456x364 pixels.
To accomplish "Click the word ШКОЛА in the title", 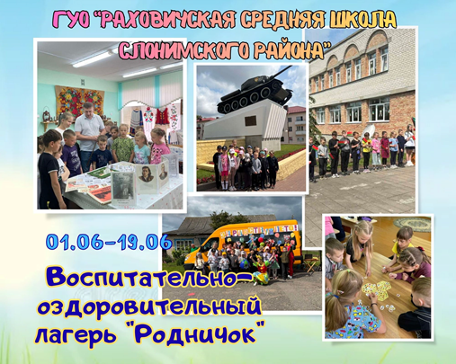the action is tap(363, 21).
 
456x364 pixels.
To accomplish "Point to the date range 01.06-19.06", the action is tap(109, 242).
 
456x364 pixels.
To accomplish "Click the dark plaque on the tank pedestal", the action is tap(250, 120).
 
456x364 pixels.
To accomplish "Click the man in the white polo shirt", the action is tap(88, 135).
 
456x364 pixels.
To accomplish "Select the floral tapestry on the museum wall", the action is tap(80, 102).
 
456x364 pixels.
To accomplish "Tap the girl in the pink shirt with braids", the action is tap(159, 146).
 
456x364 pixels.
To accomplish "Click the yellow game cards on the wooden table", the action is tap(375, 289).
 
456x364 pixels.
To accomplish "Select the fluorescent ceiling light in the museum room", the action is tap(93, 59).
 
